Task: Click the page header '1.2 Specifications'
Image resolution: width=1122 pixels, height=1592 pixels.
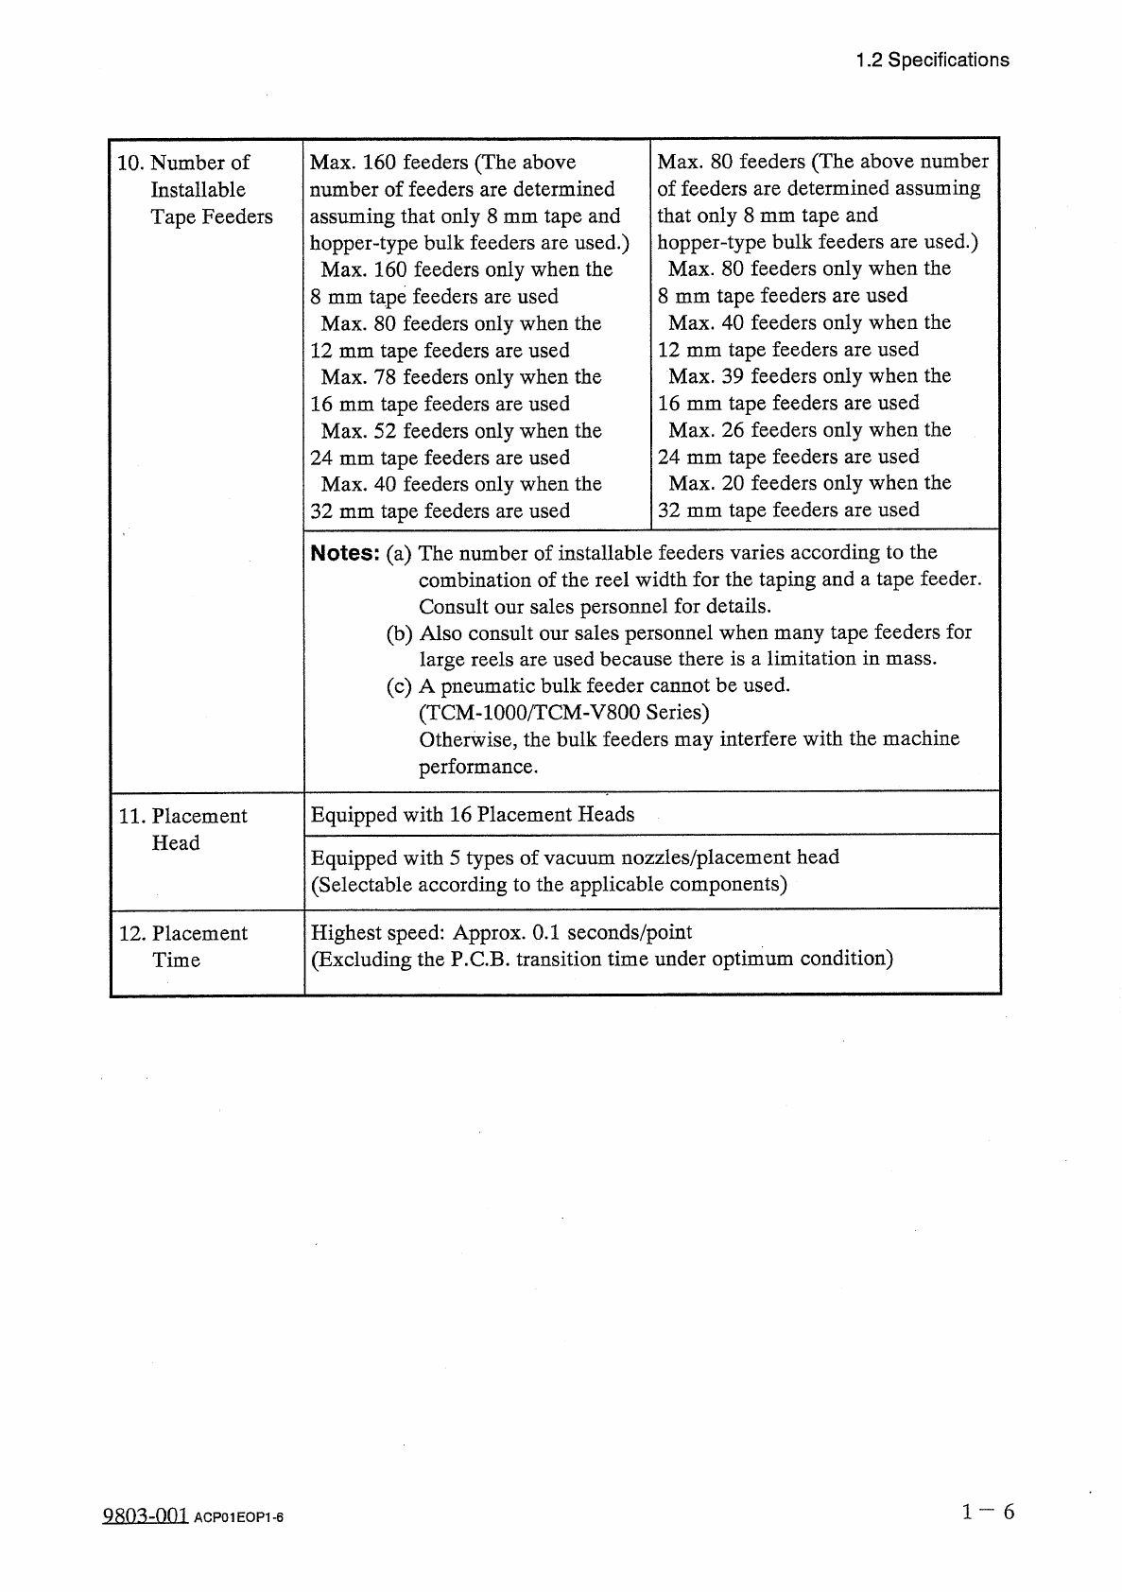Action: [x=932, y=61]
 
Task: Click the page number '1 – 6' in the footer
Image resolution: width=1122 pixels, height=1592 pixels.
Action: [x=988, y=1512]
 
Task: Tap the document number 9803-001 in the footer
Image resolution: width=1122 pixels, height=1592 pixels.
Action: [x=145, y=1515]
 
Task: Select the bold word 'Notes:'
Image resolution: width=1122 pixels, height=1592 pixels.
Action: [x=345, y=553]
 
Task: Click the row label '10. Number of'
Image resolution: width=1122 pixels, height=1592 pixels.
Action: [x=183, y=163]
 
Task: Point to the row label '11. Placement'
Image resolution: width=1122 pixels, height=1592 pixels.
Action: [x=183, y=816]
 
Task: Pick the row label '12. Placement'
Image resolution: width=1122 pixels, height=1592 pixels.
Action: [x=183, y=933]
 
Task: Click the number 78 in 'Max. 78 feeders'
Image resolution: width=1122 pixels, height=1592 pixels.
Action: [x=386, y=377]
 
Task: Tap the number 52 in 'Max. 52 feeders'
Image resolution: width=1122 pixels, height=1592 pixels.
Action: [x=386, y=431]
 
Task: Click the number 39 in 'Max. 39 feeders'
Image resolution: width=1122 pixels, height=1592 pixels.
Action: [x=734, y=376]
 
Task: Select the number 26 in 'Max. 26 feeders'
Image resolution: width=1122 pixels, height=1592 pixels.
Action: [x=734, y=430]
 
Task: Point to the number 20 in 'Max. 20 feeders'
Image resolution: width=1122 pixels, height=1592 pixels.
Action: [x=734, y=483]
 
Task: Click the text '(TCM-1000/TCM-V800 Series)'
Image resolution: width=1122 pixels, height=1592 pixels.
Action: [x=564, y=712]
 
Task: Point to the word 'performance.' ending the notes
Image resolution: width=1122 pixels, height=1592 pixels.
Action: [x=478, y=767]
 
